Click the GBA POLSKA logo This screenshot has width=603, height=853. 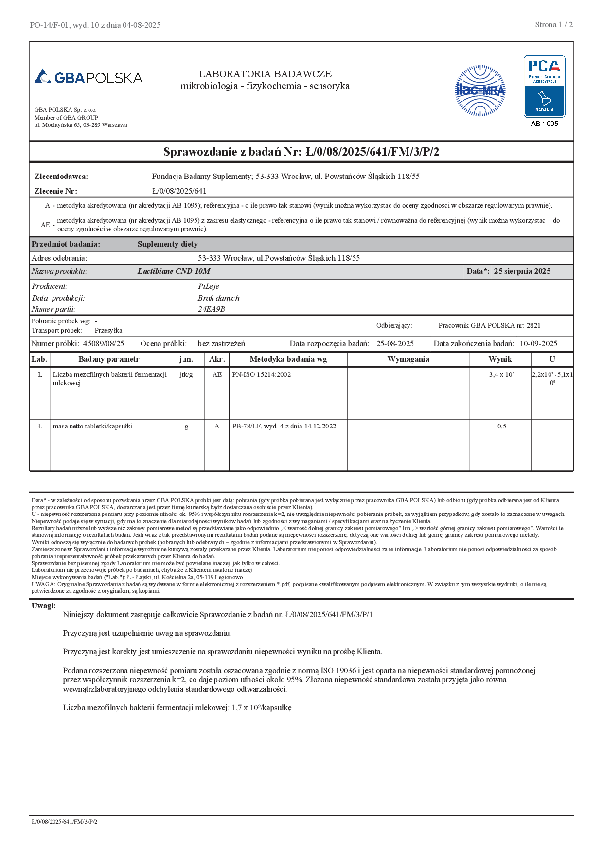89,77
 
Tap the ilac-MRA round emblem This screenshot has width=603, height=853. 480,90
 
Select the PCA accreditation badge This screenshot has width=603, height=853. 544,86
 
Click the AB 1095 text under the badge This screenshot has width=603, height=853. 544,124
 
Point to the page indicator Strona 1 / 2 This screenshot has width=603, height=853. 554,25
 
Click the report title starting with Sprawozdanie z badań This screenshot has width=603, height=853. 301,152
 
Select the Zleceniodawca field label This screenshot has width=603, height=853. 61,177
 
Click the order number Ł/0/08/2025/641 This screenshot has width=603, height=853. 179,191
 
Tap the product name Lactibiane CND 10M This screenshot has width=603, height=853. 174,271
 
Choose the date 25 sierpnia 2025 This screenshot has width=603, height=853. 522,271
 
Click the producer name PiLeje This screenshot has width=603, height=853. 209,286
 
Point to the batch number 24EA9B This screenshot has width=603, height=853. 212,309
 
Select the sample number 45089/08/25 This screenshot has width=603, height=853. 104,344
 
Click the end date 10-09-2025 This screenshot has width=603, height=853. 538,344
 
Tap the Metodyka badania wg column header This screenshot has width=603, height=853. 288,359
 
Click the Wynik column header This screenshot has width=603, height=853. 500,359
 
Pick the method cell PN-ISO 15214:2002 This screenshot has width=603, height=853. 262,374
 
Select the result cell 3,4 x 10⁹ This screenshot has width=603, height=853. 502,374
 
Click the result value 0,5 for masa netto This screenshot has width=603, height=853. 502,426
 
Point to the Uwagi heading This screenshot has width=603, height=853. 44,605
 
